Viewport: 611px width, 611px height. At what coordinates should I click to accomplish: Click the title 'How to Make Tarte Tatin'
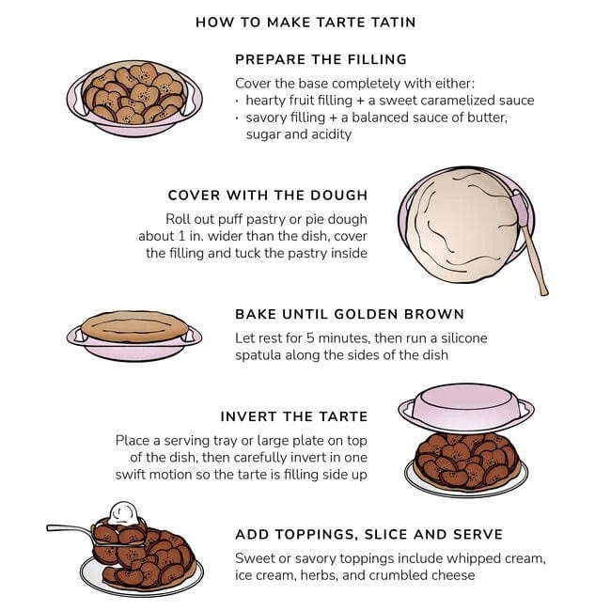(x=305, y=23)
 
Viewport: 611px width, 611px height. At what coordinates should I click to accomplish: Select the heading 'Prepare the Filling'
(x=321, y=59)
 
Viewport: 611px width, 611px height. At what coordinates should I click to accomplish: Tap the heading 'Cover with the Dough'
(x=268, y=195)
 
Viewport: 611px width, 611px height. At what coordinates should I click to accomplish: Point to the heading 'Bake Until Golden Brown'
(x=350, y=314)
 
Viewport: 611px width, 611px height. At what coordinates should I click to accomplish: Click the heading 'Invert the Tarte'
(x=294, y=416)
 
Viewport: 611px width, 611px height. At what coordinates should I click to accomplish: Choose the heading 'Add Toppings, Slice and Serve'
(x=369, y=534)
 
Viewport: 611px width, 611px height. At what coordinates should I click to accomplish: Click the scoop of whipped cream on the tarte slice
(x=123, y=513)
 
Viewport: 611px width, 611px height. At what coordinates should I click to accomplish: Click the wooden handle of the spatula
(x=535, y=260)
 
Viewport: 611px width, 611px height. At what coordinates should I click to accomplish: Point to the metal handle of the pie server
(x=70, y=529)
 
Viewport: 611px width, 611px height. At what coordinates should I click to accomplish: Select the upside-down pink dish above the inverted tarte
(x=466, y=408)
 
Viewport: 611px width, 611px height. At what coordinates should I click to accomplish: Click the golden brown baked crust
(x=134, y=326)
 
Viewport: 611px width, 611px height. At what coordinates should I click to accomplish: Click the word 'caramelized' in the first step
(x=449, y=101)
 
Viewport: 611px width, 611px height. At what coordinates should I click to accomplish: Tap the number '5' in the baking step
(x=310, y=337)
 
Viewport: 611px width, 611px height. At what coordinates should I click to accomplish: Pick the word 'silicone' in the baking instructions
(x=463, y=337)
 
